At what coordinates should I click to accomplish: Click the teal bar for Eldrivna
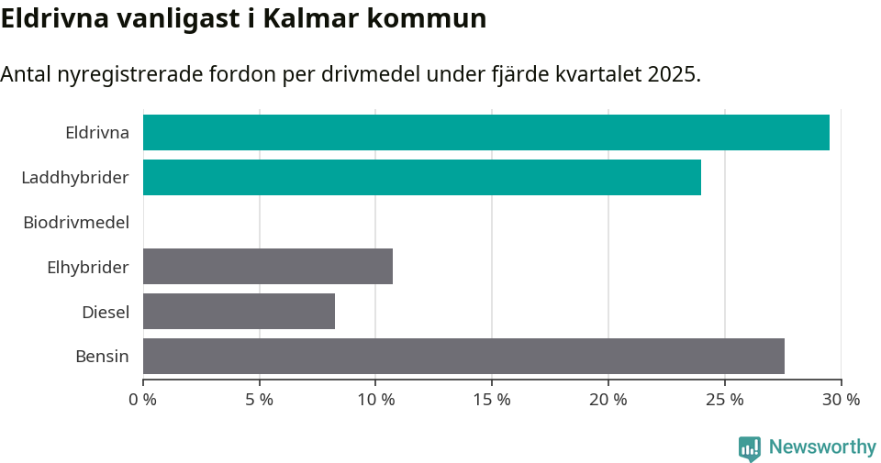coord(486,132)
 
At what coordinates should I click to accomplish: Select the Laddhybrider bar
coord(422,177)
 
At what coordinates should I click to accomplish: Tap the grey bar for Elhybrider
coord(268,266)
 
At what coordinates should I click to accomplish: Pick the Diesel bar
coord(239,311)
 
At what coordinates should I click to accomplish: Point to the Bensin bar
coord(463,356)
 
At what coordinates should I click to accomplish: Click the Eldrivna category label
coord(97,133)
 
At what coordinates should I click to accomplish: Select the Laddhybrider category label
coord(75,177)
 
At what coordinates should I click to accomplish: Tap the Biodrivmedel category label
coord(76,222)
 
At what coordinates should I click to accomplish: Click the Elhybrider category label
coord(88,267)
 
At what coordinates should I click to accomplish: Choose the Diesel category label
coord(106,312)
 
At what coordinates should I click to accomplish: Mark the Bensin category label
coord(102,356)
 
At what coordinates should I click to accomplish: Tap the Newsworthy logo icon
coord(750,447)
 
